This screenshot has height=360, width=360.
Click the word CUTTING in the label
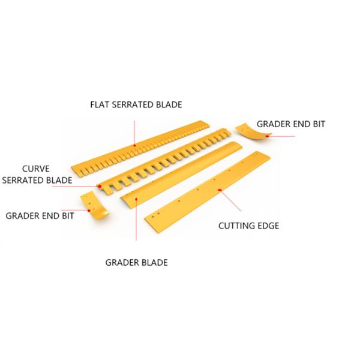[236, 226]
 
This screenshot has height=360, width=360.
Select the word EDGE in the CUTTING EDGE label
[268, 226]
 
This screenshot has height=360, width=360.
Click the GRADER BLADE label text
[136, 262]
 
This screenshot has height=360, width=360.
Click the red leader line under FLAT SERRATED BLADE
[136, 129]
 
